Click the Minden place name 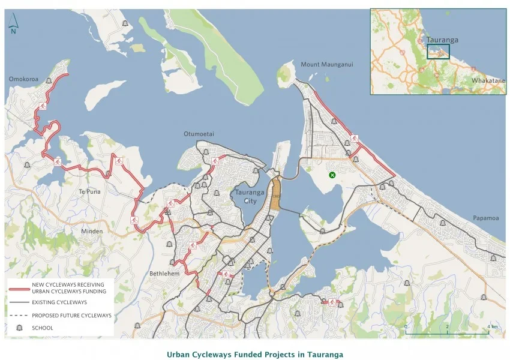point(91,231)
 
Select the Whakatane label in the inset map point(487,80)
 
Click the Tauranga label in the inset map point(442,40)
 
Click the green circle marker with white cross point(332,175)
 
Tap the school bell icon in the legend point(19,328)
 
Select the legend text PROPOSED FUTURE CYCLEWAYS point(72,315)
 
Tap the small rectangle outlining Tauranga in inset point(437,51)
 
